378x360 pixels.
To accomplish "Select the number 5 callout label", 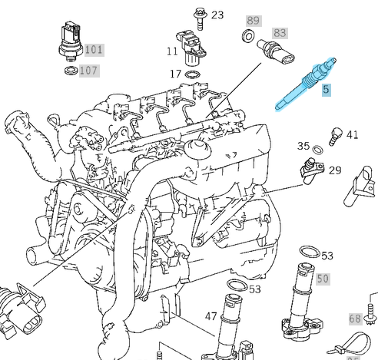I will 326,90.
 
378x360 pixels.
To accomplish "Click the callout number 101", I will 93,50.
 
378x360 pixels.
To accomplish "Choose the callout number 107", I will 89,71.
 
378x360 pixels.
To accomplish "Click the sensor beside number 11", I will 191,45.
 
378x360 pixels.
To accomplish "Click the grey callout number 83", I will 280,33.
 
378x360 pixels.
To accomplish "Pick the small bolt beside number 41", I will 334,135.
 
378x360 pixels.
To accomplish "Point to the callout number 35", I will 303,146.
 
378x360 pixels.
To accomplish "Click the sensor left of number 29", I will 311,167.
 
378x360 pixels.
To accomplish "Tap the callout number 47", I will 211,315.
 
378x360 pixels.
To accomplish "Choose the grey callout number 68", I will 355,318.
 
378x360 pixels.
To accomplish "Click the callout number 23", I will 217,15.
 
